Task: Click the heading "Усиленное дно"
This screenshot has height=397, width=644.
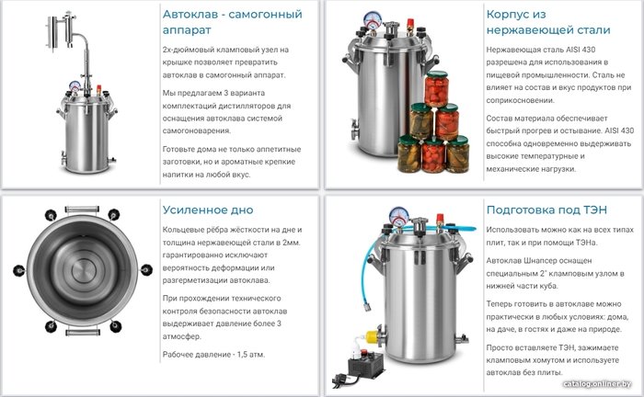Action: click(x=208, y=210)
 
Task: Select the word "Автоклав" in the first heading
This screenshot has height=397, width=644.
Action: click(x=192, y=15)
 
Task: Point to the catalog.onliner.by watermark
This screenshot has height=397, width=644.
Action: click(x=597, y=384)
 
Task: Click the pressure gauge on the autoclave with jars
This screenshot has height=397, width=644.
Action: click(x=372, y=20)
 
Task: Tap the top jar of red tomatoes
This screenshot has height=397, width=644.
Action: click(x=436, y=88)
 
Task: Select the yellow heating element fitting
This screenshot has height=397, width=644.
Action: click(x=372, y=336)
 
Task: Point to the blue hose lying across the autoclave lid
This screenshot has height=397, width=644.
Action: click(x=435, y=228)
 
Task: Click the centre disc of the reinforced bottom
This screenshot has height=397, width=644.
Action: click(x=84, y=271)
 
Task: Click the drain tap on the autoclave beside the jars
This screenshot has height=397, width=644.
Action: click(x=353, y=129)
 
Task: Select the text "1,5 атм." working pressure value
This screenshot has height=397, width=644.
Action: click(x=250, y=355)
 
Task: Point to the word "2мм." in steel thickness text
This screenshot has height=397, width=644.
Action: click(x=292, y=243)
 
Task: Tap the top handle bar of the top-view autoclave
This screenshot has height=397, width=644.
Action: click(x=82, y=210)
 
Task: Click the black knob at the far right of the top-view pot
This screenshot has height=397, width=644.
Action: click(x=146, y=269)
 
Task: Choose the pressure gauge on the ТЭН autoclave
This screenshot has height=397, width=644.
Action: click(x=398, y=215)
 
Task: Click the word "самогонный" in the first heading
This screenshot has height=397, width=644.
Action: click(x=265, y=15)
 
